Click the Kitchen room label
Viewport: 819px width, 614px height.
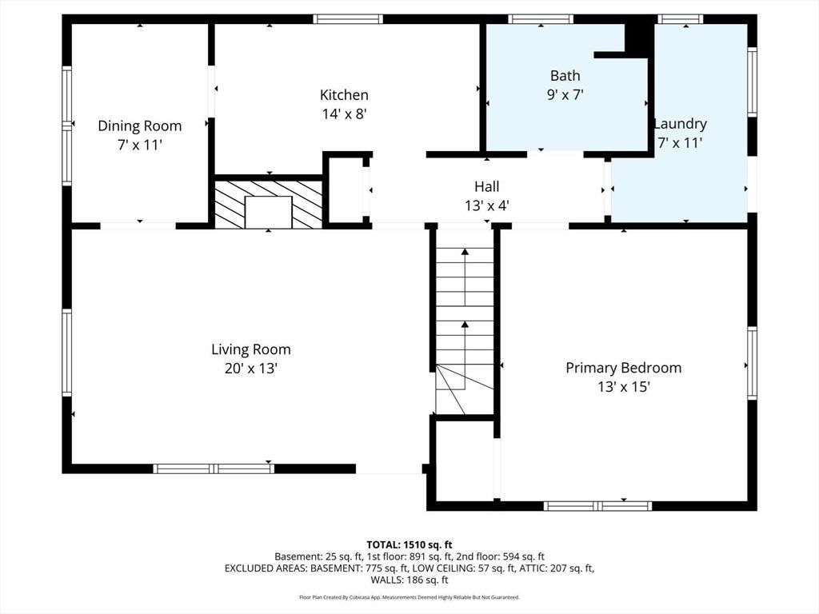[x=344, y=95]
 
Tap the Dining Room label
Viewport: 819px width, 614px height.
[x=139, y=126]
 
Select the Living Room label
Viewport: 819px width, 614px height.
[x=250, y=349]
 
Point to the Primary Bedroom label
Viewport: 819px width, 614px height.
[x=624, y=368]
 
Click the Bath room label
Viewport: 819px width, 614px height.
[x=565, y=76]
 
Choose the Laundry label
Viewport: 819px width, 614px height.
[x=681, y=124]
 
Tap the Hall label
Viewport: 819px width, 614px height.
[x=487, y=186]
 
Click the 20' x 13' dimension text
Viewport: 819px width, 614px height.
[x=250, y=369]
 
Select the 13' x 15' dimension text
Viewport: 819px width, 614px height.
[x=624, y=387]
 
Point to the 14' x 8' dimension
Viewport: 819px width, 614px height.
[x=344, y=114]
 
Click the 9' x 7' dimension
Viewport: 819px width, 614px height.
[x=565, y=95]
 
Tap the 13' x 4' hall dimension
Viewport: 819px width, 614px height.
[x=487, y=205]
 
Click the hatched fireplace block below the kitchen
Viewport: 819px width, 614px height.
[x=269, y=204]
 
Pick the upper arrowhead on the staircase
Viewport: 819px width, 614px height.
[x=465, y=252]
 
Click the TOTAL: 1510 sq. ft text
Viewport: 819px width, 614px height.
[x=409, y=545]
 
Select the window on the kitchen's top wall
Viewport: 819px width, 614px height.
[x=348, y=19]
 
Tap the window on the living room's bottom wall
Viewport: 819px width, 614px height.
[x=214, y=468]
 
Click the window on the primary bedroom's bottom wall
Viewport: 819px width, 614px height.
[x=598, y=506]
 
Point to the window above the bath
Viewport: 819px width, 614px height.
[x=541, y=19]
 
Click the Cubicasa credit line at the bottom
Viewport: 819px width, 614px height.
[x=409, y=597]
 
